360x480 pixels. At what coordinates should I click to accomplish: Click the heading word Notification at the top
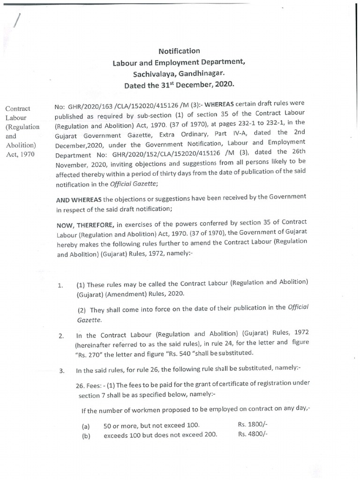(x=179, y=51)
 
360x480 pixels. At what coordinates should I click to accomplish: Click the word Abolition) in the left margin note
(x=18, y=145)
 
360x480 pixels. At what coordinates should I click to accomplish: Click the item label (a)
(x=86, y=426)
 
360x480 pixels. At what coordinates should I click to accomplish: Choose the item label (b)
(x=86, y=435)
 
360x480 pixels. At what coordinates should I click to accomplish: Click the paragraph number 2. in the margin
(x=61, y=336)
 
